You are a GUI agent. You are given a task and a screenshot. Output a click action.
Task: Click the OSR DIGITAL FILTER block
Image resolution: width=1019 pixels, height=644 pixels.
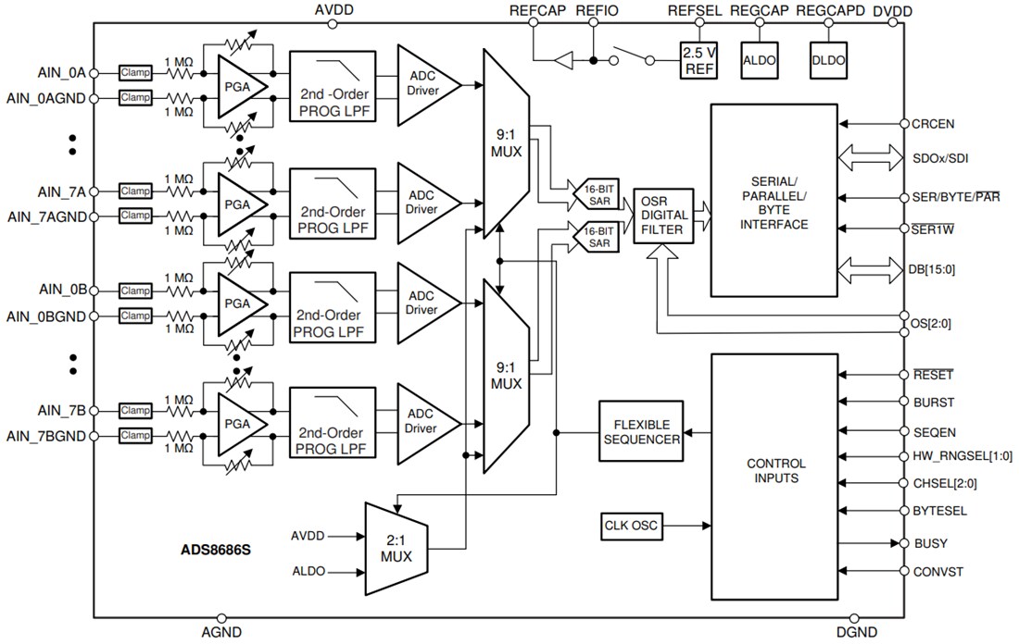tap(663, 217)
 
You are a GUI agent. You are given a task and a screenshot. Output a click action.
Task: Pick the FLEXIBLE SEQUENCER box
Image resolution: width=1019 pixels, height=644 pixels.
tap(640, 432)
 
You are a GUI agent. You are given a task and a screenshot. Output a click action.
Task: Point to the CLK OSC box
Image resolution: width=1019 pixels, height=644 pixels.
tap(628, 526)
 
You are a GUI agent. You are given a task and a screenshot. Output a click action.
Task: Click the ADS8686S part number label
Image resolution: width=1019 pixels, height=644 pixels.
tap(217, 549)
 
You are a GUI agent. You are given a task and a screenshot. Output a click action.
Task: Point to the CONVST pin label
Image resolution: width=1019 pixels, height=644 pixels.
tap(937, 572)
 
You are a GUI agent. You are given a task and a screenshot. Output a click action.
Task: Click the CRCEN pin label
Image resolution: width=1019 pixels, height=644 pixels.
tap(933, 123)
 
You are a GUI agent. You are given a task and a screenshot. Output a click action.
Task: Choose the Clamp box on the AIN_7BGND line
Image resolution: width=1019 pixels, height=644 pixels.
tap(135, 435)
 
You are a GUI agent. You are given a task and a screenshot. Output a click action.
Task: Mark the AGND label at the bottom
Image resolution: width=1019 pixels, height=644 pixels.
tap(221, 633)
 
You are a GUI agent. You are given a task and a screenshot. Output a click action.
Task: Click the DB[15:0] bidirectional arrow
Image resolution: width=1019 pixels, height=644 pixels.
tap(868, 269)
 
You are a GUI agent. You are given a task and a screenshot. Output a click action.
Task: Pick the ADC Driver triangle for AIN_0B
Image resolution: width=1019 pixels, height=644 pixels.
tap(425, 302)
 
